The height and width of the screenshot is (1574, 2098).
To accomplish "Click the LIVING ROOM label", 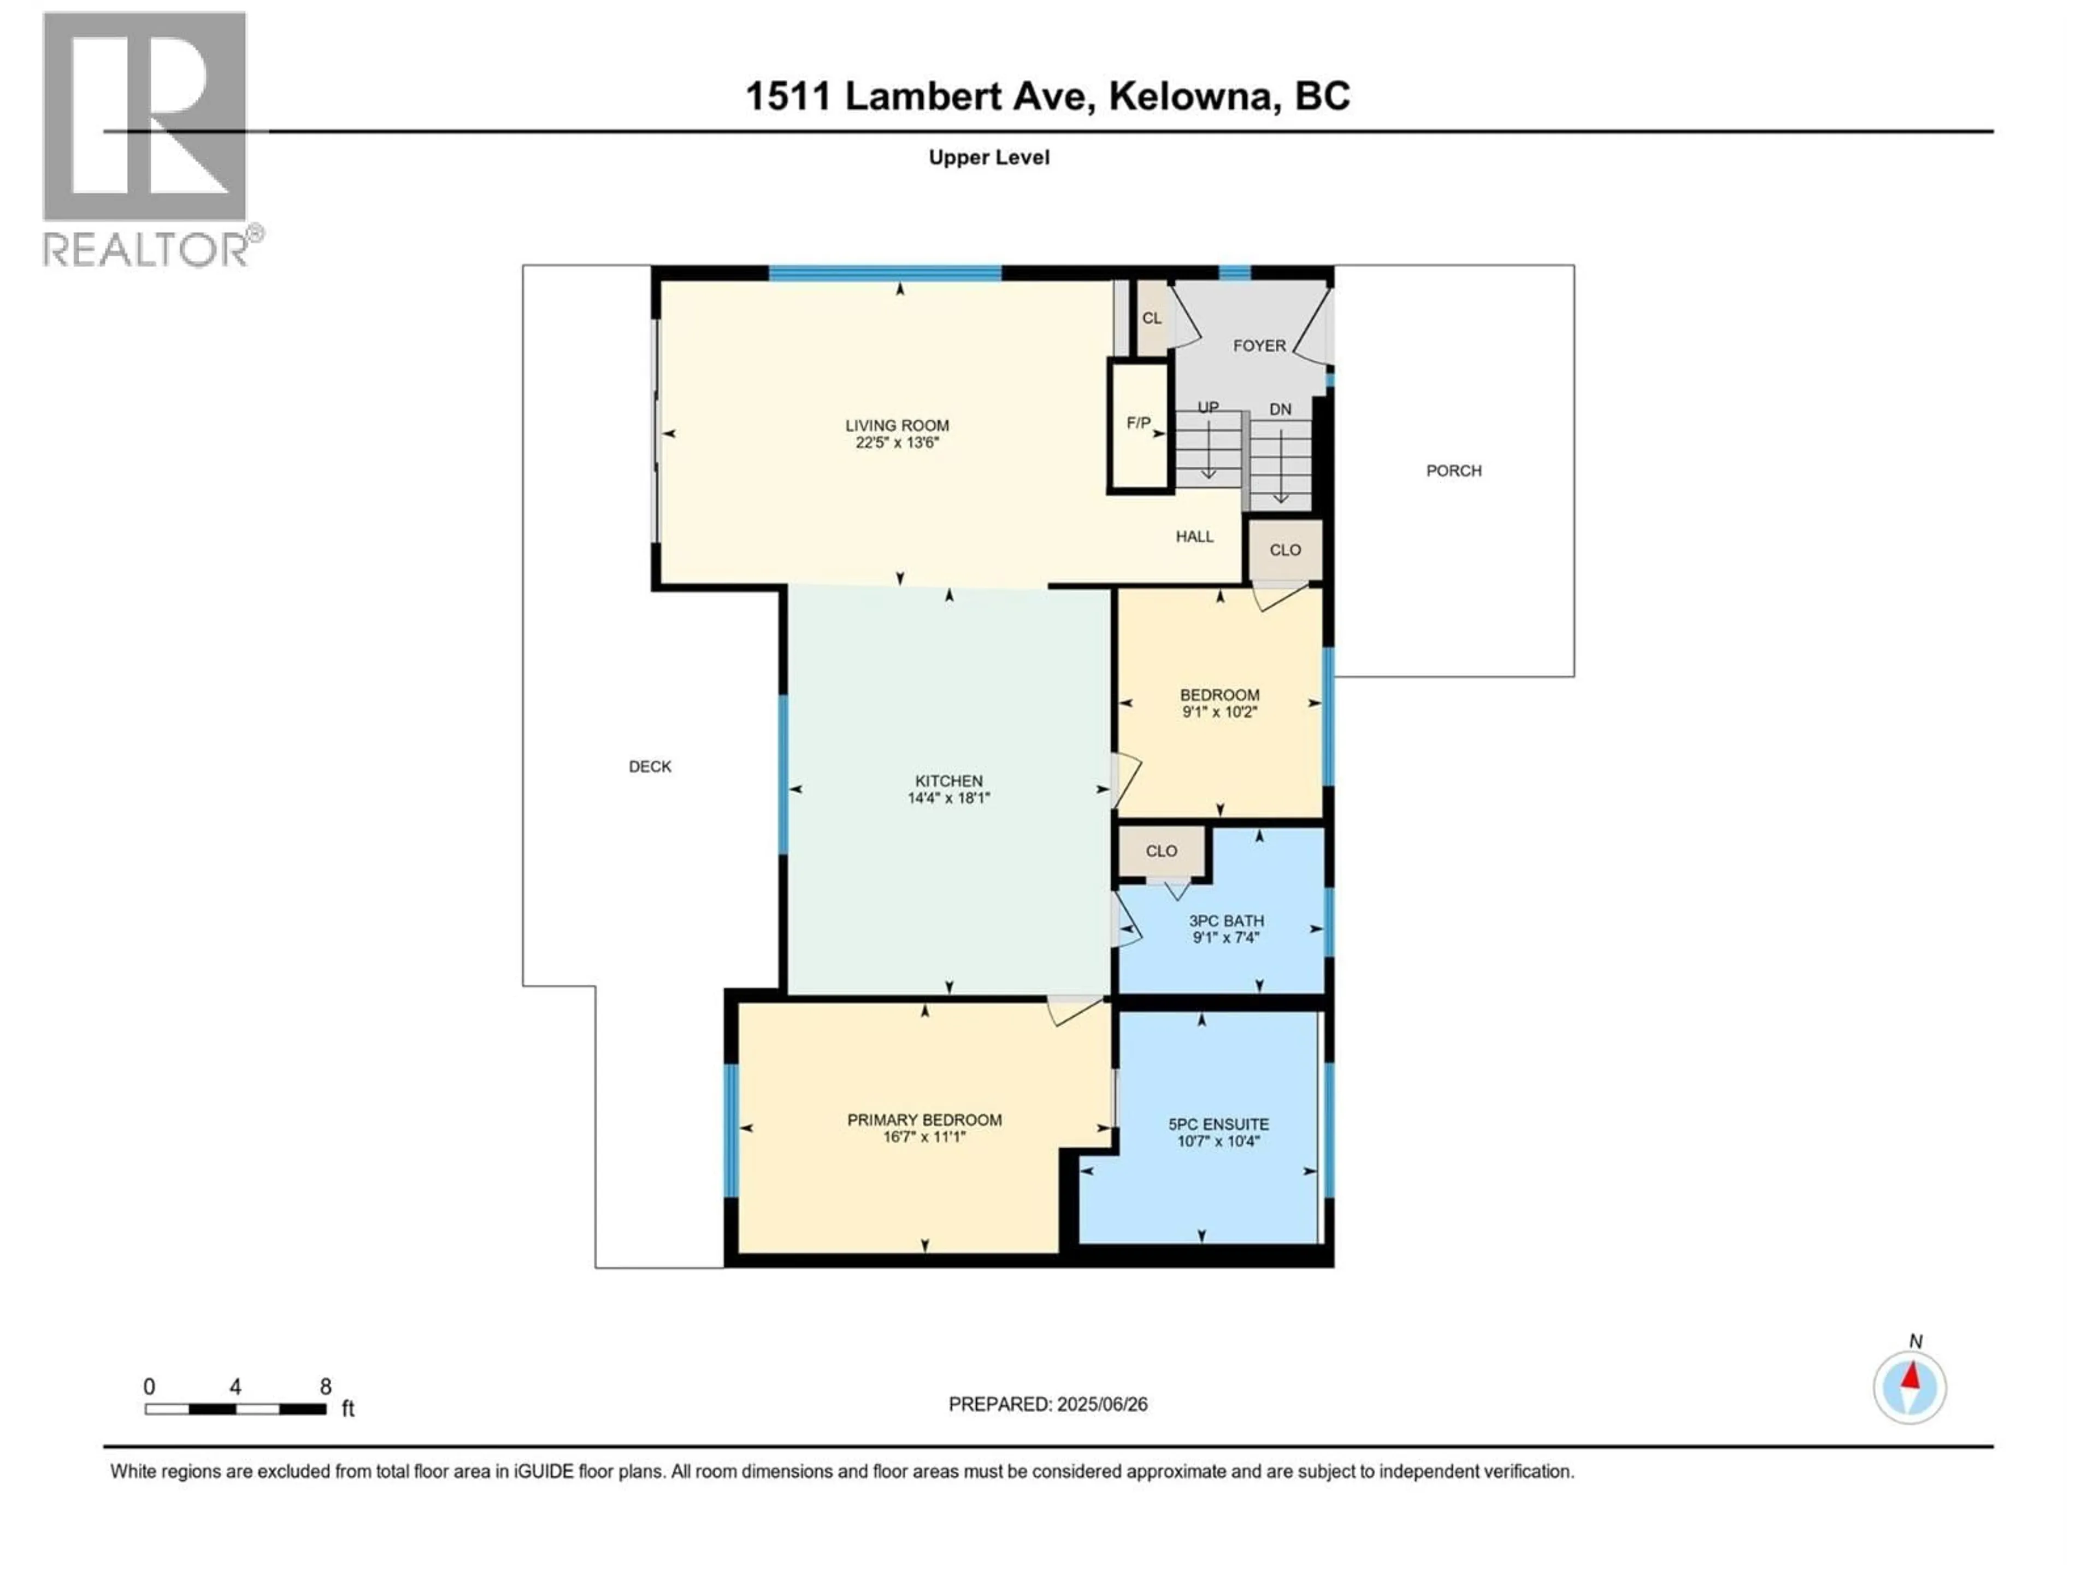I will coord(897,426).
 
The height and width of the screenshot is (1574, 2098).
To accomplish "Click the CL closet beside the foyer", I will coord(1151,319).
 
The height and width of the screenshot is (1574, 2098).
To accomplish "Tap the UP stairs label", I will coord(1207,407).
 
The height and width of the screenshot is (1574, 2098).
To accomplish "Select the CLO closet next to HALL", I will coord(1285,550).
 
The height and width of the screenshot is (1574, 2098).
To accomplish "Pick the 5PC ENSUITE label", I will coord(1218,1124).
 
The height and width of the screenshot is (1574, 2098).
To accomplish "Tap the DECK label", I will coord(650,767).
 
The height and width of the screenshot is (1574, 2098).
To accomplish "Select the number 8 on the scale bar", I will coord(325,1387).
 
